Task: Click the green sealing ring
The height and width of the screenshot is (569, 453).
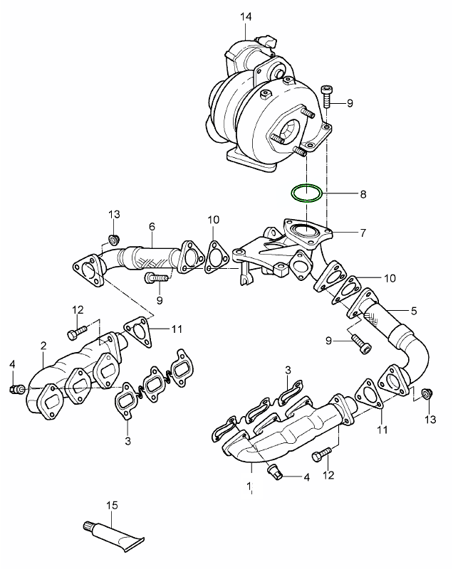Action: [306, 193]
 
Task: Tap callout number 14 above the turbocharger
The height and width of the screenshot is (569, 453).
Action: [246, 16]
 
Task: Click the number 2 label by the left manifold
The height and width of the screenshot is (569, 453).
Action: [43, 346]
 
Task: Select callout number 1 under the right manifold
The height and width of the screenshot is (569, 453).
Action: [250, 486]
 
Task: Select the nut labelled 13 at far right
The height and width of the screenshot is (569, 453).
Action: [427, 393]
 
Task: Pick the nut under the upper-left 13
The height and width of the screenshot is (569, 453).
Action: [113, 237]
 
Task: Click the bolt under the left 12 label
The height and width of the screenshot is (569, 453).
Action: [77, 331]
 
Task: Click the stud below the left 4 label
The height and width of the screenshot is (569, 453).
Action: [17, 389]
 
